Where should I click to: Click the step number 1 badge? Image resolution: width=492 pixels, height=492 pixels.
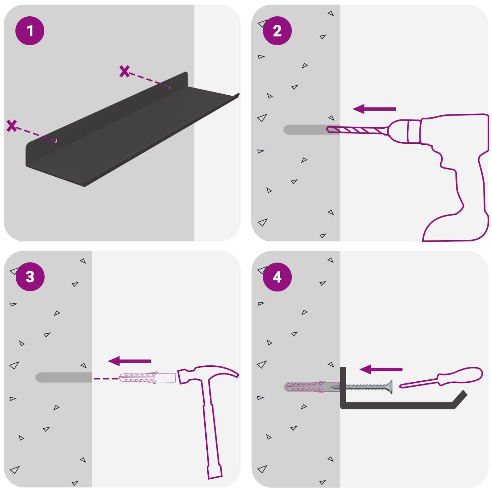pos(30,31)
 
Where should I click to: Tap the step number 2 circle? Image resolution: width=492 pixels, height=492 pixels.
pos(277,31)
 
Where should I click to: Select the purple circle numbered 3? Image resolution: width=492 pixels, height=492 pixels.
pos(30,276)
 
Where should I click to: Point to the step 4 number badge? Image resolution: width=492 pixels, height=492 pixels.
pos(277,277)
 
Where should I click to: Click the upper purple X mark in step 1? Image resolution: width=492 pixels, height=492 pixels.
pos(125,71)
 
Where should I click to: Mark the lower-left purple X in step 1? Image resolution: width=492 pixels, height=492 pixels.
pos(12,126)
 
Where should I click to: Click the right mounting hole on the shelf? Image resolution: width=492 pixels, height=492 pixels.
pos(170,87)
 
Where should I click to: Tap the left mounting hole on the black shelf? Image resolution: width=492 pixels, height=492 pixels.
pos(56,140)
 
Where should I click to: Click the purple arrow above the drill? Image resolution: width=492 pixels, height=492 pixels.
pos(374,109)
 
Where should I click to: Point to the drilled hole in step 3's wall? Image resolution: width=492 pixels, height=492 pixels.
pos(64,377)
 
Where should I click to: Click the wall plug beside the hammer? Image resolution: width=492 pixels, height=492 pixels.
pos(147,378)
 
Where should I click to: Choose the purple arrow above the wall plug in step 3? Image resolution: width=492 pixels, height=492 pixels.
pos(129,361)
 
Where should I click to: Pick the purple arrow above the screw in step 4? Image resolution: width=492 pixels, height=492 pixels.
pos(381,369)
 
